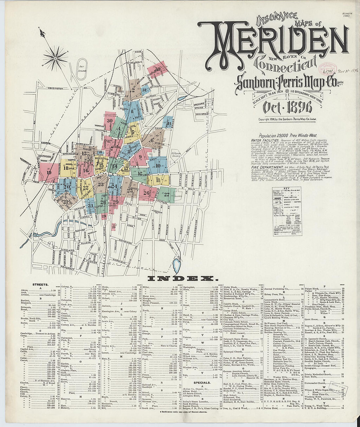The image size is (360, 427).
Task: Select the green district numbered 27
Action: coord(167,194)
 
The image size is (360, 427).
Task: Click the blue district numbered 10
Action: coord(158,166)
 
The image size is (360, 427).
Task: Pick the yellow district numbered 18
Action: coord(66,169)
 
